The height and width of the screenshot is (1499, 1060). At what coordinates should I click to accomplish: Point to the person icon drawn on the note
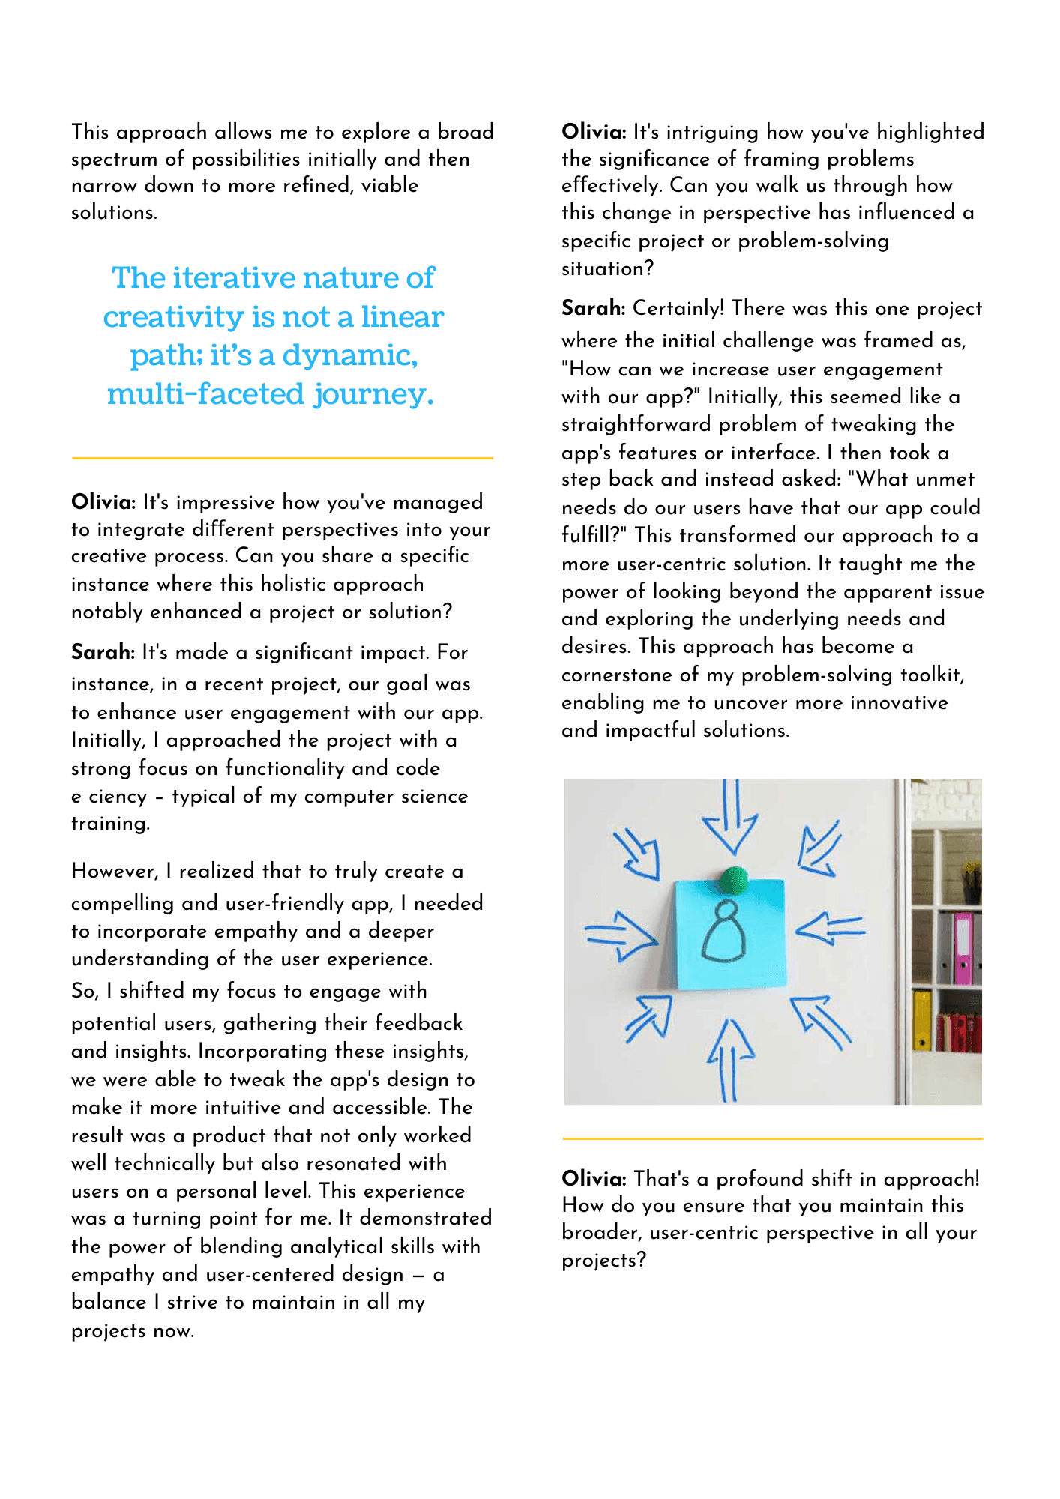[723, 932]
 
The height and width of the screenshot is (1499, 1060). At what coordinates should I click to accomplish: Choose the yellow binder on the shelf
[922, 1020]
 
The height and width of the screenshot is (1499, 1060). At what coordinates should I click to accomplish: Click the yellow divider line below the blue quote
[282, 458]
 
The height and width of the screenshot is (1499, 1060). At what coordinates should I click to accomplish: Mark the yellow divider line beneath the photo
[772, 1138]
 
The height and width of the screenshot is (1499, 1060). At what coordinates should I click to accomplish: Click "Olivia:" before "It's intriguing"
[594, 132]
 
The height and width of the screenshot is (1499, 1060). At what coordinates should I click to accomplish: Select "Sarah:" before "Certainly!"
[594, 308]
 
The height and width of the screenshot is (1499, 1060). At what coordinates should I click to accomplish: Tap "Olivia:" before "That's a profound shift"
[594, 1179]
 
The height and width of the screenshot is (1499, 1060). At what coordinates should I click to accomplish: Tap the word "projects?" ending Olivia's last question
[603, 1261]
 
